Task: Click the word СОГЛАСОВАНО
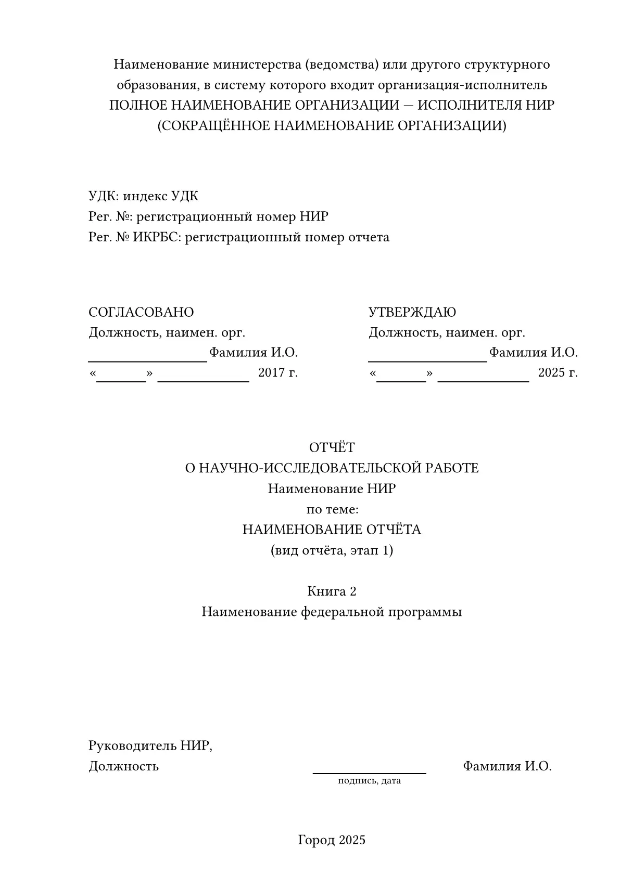click(x=141, y=312)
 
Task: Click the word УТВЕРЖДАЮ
click(x=412, y=312)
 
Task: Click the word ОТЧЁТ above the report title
click(x=332, y=447)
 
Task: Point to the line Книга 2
click(x=332, y=591)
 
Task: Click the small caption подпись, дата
click(x=369, y=781)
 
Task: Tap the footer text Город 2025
click(x=332, y=840)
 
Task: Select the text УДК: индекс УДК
click(x=143, y=196)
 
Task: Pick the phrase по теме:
click(x=332, y=509)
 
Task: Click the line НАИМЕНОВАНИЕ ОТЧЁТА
click(x=332, y=530)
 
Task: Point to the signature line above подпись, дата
click(x=369, y=772)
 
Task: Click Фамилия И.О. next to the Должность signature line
click(x=507, y=766)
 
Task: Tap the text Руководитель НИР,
click(x=150, y=745)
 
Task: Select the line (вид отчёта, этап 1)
click(x=332, y=550)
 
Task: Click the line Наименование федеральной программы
click(x=332, y=612)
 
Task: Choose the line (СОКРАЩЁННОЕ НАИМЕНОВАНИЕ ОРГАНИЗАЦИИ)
click(x=332, y=126)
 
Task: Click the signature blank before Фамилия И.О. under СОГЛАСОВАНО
click(x=148, y=360)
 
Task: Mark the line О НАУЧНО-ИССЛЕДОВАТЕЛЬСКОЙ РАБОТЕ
click(x=332, y=468)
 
